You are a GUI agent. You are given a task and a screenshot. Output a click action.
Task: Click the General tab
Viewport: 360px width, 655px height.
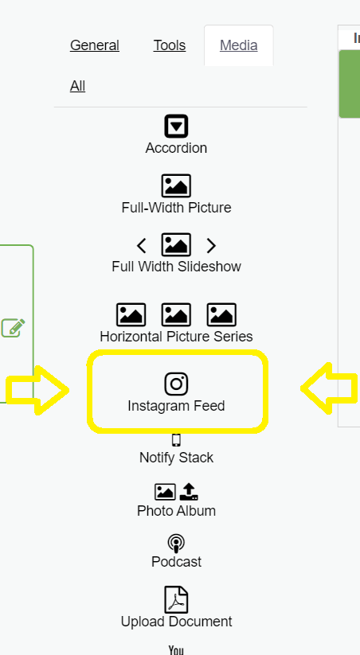click(95, 45)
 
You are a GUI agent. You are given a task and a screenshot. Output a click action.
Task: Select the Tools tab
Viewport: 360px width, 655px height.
click(170, 45)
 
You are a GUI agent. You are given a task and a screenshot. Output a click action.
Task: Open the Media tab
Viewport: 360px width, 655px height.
click(239, 45)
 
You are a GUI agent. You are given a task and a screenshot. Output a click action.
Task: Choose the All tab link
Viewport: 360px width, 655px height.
click(77, 86)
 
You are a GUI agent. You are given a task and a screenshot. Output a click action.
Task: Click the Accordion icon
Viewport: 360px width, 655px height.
click(176, 126)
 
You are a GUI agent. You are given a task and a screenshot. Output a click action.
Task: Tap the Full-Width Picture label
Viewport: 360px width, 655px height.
click(176, 208)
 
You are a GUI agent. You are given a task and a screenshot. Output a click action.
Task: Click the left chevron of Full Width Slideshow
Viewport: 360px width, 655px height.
click(141, 246)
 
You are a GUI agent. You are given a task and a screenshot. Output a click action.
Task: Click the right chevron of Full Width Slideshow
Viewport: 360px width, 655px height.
click(211, 246)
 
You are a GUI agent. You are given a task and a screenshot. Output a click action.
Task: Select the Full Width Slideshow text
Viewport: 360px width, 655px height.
click(176, 267)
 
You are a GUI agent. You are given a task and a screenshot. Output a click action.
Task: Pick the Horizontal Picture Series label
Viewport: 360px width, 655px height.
click(176, 337)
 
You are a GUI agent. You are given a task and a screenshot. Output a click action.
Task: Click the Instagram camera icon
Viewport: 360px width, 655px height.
click(176, 384)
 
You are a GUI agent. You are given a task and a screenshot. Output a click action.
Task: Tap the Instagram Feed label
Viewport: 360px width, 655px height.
click(176, 406)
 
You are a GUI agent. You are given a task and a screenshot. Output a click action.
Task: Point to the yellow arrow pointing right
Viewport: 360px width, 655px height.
click(37, 390)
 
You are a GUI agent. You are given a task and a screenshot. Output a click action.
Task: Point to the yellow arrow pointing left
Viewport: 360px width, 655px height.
click(329, 388)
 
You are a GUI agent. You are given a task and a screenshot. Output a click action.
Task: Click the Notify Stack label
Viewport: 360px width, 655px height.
click(176, 458)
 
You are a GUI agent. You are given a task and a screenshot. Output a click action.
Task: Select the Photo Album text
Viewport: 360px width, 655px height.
click(176, 510)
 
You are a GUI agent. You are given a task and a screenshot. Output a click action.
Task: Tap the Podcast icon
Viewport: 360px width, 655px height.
click(176, 544)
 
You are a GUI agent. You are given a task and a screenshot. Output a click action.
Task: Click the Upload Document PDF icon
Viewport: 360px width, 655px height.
click(176, 600)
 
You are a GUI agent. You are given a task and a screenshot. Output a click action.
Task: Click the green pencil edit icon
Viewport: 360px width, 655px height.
click(13, 328)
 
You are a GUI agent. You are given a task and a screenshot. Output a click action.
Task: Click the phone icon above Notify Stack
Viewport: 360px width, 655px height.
click(176, 440)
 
